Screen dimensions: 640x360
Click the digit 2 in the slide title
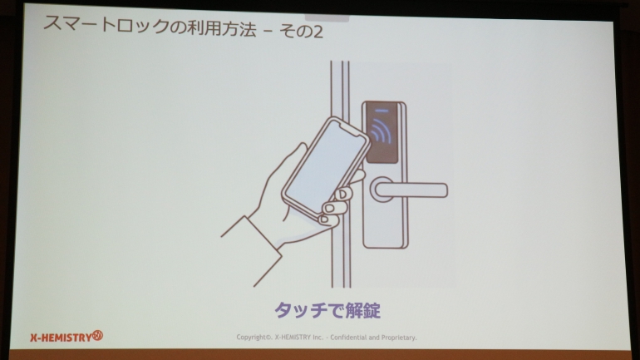click(x=317, y=32)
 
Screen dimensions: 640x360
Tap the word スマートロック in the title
click(x=106, y=25)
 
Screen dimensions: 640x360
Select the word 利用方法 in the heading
click(x=222, y=28)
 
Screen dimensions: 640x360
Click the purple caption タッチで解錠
click(x=327, y=310)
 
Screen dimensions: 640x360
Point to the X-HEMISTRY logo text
click(x=61, y=338)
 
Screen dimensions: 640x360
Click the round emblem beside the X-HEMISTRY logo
click(x=97, y=336)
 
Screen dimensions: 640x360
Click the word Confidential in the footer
click(x=348, y=338)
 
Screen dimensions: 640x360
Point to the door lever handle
click(x=411, y=190)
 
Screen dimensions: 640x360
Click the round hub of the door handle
click(x=381, y=190)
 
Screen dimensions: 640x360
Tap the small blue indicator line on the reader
click(x=382, y=111)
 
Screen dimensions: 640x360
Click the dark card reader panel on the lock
click(x=382, y=132)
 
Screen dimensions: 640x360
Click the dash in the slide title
click(x=268, y=32)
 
